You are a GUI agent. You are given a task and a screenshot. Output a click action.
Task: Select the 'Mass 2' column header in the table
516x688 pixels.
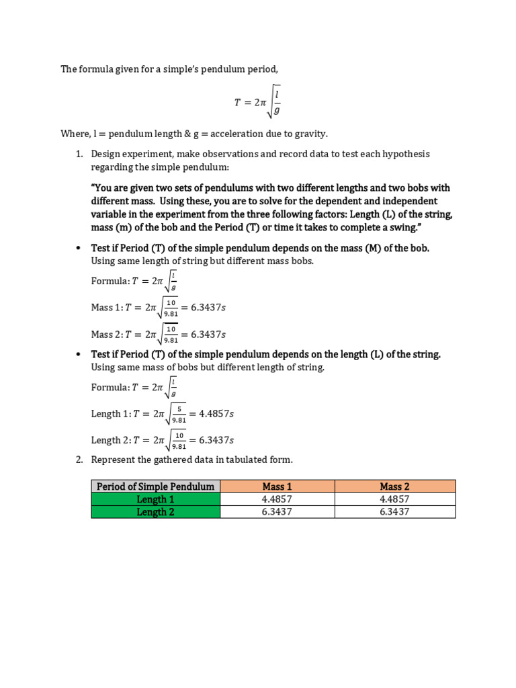[x=394, y=486]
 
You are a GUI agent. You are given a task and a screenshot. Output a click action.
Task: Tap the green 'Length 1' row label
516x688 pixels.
[x=155, y=499]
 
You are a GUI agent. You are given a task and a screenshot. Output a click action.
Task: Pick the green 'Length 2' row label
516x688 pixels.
[x=155, y=512]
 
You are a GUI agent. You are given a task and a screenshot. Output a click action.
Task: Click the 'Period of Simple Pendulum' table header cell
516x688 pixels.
[x=155, y=486]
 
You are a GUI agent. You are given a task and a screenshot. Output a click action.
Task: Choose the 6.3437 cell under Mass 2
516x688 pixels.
[x=394, y=512]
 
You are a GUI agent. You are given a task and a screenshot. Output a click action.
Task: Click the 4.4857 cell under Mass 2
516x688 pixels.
[x=394, y=499]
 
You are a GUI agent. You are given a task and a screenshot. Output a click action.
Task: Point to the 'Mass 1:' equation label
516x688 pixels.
[x=107, y=308]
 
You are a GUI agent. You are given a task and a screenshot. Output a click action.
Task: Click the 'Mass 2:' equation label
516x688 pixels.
[x=107, y=334]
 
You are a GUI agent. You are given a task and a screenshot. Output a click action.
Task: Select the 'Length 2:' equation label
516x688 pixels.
[x=112, y=440]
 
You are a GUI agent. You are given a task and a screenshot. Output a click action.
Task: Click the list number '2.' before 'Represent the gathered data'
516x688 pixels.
[x=78, y=460]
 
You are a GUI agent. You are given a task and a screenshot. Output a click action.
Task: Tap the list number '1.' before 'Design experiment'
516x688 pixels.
[x=78, y=154]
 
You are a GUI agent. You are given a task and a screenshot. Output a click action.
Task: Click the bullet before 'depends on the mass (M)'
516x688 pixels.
[x=78, y=248]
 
